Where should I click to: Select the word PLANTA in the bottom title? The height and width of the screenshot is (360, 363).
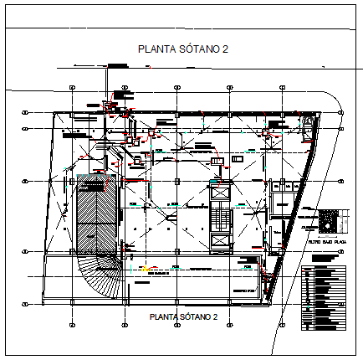coord(161,317)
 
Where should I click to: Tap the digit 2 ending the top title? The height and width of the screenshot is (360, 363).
coord(225,49)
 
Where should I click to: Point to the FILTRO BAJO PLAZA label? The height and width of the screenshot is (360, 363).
coord(326,240)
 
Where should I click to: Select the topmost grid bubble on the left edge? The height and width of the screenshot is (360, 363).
coord(26,111)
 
